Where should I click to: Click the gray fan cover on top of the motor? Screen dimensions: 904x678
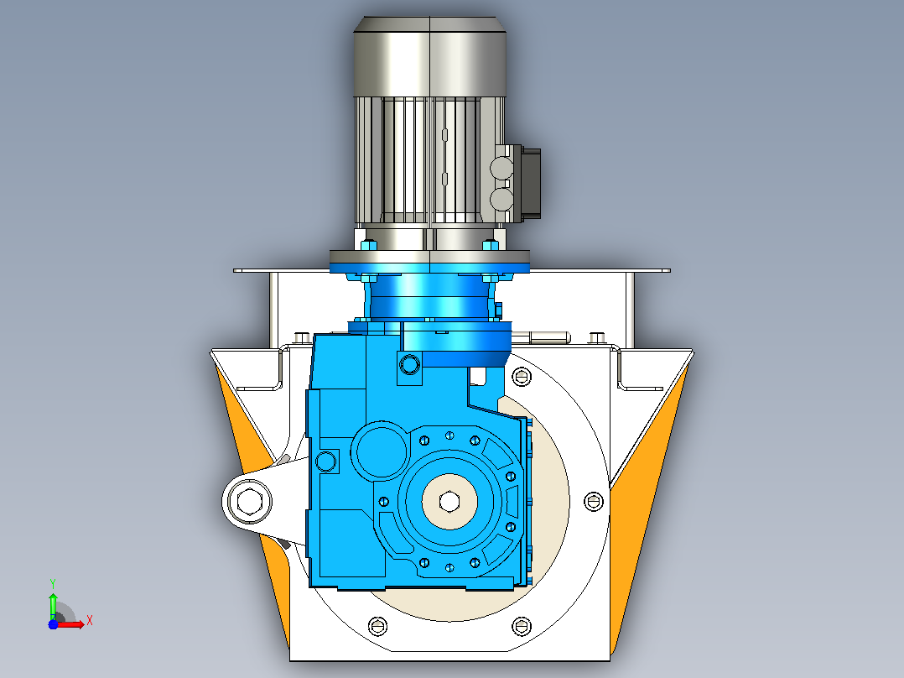click(x=429, y=56)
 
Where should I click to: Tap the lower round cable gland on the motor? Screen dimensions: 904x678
click(x=501, y=201)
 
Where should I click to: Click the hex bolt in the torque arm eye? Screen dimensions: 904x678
click(x=248, y=500)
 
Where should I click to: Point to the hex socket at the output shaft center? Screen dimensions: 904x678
click(x=449, y=501)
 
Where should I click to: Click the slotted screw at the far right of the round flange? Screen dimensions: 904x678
click(x=593, y=502)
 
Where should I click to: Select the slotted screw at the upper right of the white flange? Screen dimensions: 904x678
click(x=522, y=377)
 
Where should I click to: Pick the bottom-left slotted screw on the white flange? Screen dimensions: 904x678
click(x=377, y=625)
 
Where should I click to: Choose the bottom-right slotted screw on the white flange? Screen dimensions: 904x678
click(x=522, y=625)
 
